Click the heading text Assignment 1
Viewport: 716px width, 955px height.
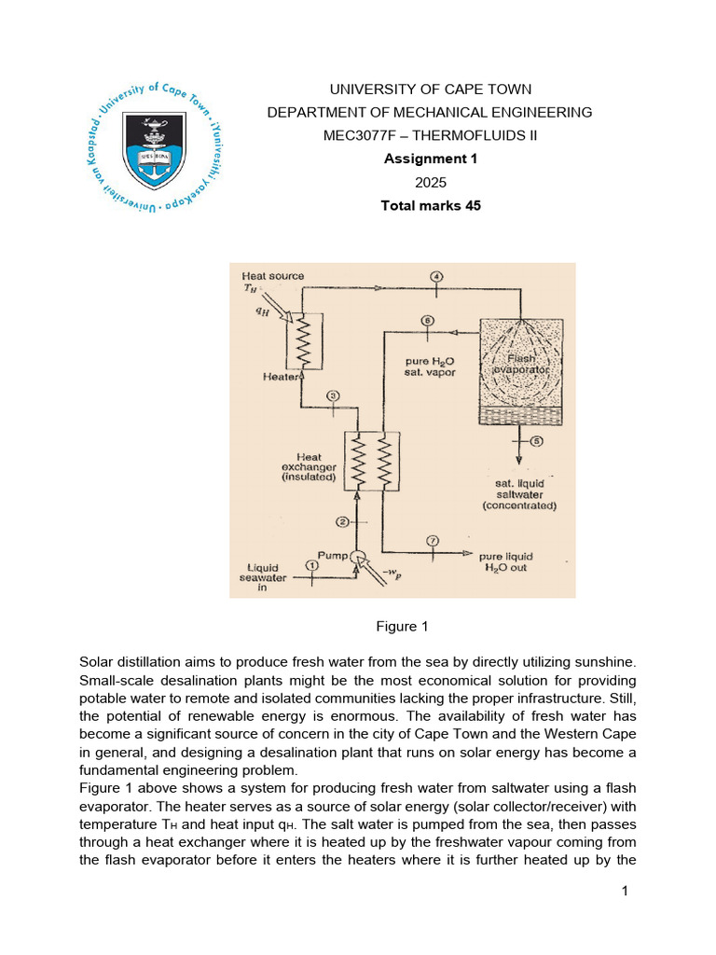tap(430, 159)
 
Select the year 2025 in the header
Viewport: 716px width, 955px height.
tap(430, 182)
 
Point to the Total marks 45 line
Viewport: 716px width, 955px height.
tap(430, 205)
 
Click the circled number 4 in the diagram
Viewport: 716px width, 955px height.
tap(436, 276)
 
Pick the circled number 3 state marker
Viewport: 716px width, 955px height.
tap(335, 396)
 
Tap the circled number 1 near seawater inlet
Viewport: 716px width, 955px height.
tap(312, 565)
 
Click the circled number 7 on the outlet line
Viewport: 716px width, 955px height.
tap(433, 541)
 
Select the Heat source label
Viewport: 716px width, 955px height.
tap(272, 276)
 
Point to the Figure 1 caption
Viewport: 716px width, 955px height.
tap(400, 627)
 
